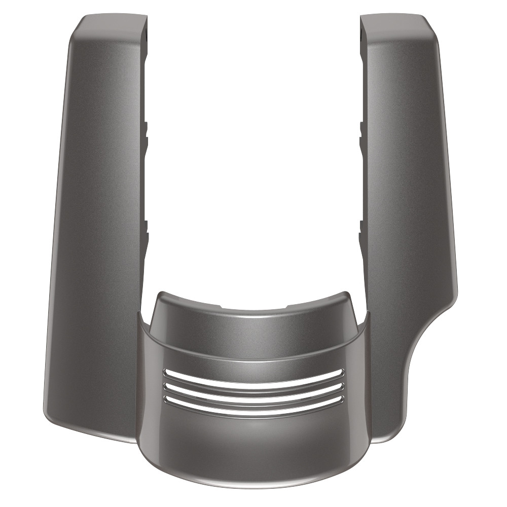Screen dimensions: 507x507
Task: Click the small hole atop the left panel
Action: point(145,36)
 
